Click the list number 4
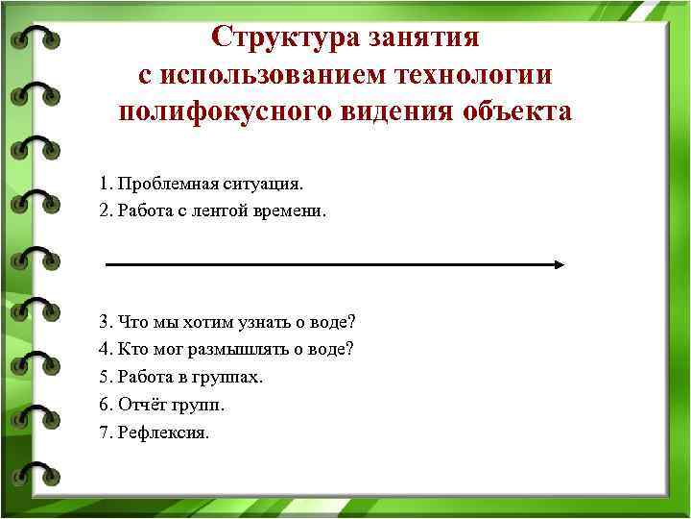(104, 349)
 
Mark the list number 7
(104, 432)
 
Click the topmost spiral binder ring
(35, 38)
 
